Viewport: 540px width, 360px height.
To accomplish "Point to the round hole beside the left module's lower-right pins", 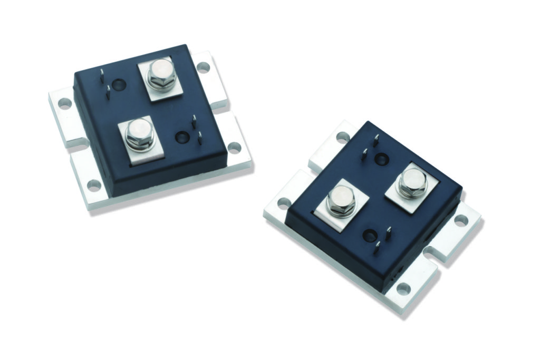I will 181,137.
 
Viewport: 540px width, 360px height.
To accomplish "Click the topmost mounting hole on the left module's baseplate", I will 203,67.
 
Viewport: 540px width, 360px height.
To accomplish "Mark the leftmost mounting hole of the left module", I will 64,103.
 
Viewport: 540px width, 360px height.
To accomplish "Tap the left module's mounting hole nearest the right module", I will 234,148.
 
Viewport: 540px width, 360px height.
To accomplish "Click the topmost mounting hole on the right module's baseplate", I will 343,137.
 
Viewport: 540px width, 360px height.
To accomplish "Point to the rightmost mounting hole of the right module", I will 461,221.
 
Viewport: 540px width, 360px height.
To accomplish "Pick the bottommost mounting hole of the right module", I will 403,289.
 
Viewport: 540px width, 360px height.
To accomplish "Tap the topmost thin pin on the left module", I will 101,74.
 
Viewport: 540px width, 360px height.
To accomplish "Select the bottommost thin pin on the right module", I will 377,249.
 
